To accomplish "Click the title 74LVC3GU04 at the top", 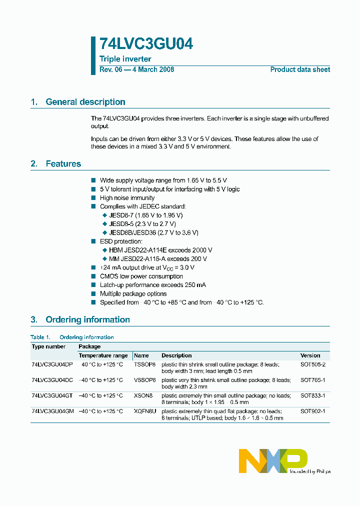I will pyautogui.click(x=146, y=44).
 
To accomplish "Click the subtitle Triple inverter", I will pyautogui.click(x=125, y=59).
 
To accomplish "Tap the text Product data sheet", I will pyautogui.click(x=300, y=70).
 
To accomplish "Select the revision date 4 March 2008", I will pyautogui.click(x=152, y=70).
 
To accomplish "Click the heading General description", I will pyautogui.click(x=85, y=102).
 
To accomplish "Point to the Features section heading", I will pyautogui.click(x=63, y=164).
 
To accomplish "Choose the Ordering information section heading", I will pyautogui.click(x=87, y=320).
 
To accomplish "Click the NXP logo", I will pyautogui.click(x=272, y=460).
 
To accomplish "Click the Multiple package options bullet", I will pyautogui.click(x=133, y=294).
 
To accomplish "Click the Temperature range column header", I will pyautogui.click(x=103, y=355).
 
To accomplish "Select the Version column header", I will pyautogui.click(x=310, y=355).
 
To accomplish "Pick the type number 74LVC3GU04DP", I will pyautogui.click(x=52, y=365).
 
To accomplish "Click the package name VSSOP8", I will pyautogui.click(x=144, y=380).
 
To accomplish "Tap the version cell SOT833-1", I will pyautogui.click(x=312, y=395).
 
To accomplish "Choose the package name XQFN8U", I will pyautogui.click(x=145, y=411).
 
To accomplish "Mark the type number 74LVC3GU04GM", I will pyautogui.click(x=52, y=411).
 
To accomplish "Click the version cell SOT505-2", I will pyautogui.click(x=312, y=365).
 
